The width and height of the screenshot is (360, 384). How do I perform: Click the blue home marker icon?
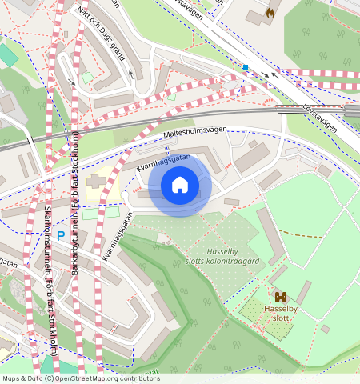[180, 186]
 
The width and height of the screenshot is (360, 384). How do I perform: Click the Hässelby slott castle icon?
[280, 297]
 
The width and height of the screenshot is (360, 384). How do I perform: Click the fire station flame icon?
[270, 13]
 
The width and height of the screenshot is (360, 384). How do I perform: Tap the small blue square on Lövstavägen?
[246, 67]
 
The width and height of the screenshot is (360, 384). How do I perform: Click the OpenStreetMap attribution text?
[80, 378]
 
